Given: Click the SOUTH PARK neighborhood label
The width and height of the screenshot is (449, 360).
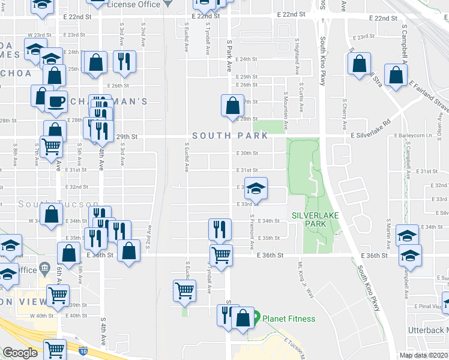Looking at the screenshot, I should (230, 136).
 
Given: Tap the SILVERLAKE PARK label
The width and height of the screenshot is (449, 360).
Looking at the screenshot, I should (309, 220).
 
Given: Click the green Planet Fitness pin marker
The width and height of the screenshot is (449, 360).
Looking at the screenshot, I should (255, 316).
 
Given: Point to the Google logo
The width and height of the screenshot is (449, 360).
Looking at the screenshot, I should (20, 353).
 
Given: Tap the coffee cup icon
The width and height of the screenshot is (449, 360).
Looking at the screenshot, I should (56, 101).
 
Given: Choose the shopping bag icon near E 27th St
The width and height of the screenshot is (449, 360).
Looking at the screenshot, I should (232, 106).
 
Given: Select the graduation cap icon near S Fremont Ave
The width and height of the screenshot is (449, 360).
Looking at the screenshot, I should (256, 189).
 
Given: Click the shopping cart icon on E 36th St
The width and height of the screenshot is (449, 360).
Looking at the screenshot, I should (221, 255).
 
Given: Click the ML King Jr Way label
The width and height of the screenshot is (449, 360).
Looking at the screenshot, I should (306, 279).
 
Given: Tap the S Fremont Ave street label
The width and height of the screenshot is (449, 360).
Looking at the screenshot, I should (252, 233).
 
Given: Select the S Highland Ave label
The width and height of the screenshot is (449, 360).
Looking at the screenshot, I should (297, 58).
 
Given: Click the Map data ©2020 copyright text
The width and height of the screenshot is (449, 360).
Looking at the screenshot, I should (424, 355).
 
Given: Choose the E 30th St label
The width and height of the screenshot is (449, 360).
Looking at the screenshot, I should (247, 153).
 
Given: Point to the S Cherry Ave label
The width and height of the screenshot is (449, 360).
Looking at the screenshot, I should (344, 114).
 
